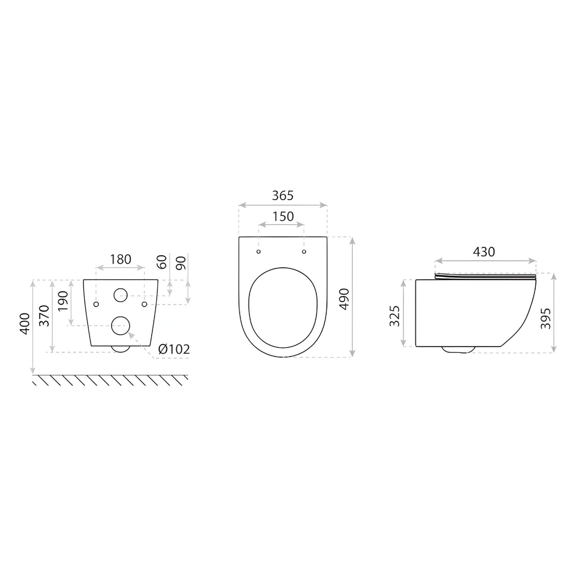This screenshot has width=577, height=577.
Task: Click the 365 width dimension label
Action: tap(283, 196)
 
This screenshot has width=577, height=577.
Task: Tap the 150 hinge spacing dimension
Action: tap(283, 217)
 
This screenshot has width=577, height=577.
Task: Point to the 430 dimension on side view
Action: tap(484, 252)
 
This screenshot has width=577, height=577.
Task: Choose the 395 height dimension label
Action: tap(545, 318)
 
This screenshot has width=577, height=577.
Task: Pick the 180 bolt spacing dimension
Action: tap(120, 259)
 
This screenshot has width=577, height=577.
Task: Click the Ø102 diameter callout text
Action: tap(174, 349)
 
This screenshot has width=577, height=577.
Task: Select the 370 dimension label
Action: tap(44, 315)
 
